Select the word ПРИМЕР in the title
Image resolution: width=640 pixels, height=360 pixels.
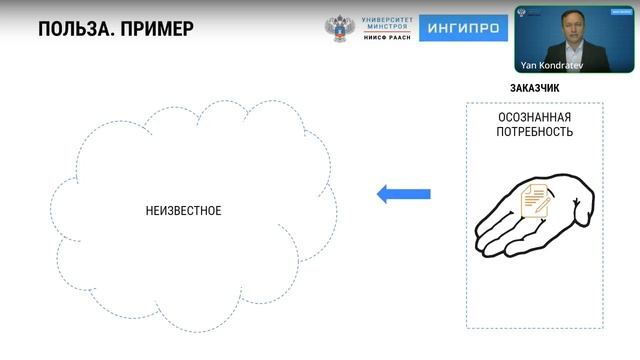(158, 28)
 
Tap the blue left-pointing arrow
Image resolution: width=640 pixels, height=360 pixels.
(403, 194)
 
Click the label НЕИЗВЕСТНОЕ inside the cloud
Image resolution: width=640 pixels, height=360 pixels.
(183, 211)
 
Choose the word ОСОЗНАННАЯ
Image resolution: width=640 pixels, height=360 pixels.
(535, 117)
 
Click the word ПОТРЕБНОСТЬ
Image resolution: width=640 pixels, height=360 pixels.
(535, 132)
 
